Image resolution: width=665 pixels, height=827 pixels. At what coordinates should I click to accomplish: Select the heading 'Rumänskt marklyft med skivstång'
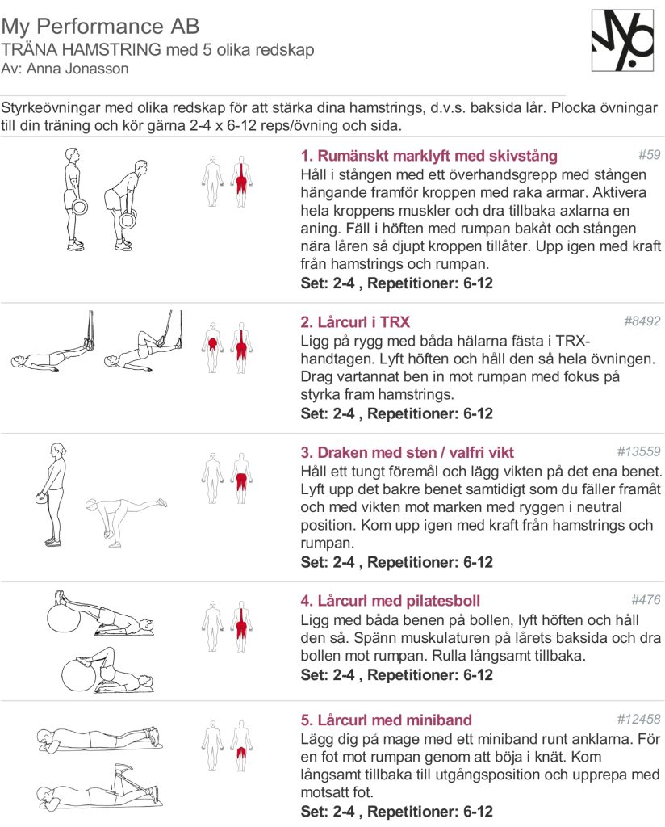click(x=429, y=156)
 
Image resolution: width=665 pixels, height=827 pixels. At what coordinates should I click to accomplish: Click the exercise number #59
click(x=649, y=154)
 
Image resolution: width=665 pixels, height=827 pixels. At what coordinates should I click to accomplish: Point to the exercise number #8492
click(x=642, y=321)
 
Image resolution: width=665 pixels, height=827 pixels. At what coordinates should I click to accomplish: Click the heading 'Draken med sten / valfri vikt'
click(x=407, y=452)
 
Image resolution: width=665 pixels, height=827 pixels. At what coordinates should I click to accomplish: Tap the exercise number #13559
click(x=638, y=451)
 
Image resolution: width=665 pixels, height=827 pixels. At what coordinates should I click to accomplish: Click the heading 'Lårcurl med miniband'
click(x=386, y=720)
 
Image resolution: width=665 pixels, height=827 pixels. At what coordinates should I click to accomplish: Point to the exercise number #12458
click(x=638, y=719)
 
